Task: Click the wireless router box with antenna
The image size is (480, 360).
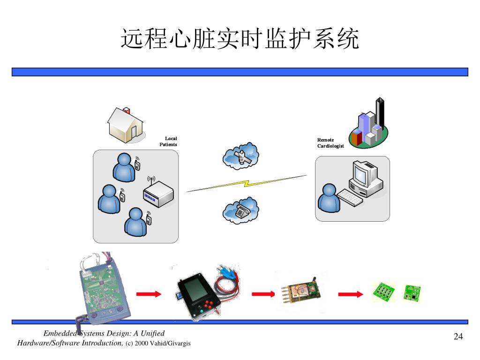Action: (157, 195)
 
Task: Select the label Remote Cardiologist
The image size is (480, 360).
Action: (330, 143)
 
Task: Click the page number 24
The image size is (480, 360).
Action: (458, 337)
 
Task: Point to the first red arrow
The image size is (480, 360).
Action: (149, 294)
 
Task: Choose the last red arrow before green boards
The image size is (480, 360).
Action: (351, 294)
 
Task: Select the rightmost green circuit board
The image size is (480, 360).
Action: (412, 292)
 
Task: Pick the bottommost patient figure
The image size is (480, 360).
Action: (136, 221)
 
